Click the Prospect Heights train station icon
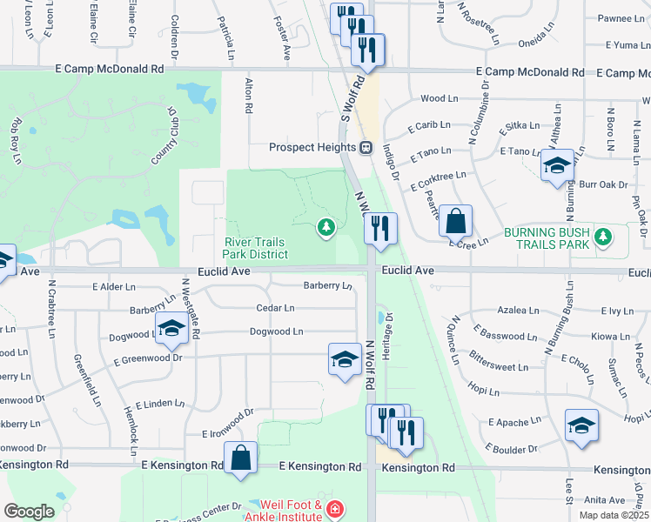pyautogui.click(x=366, y=146)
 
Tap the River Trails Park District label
pyautogui.click(x=256, y=248)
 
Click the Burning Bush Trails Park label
pyautogui.click(x=546, y=238)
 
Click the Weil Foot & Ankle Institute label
pyautogui.click(x=286, y=511)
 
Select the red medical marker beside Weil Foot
pyautogui.click(x=333, y=510)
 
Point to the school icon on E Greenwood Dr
pyautogui.click(x=345, y=358)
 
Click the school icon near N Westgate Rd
pyautogui.click(x=171, y=328)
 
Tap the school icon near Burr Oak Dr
pyautogui.click(x=556, y=165)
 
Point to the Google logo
pyautogui.click(x=29, y=512)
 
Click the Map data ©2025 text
pyautogui.click(x=614, y=515)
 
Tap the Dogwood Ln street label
pyautogui.click(x=276, y=331)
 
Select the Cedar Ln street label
pyautogui.click(x=275, y=308)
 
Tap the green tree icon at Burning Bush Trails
pyautogui.click(x=601, y=236)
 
